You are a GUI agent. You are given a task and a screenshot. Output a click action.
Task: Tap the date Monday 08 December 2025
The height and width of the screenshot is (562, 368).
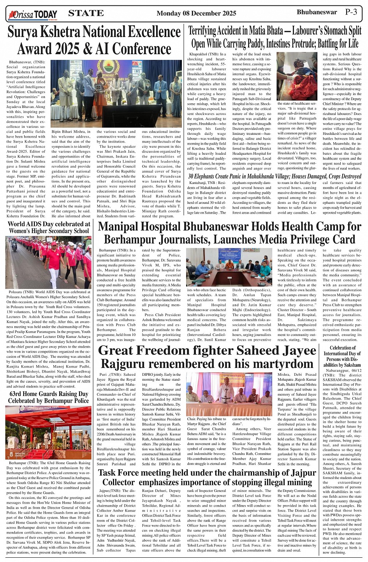coord(196,13)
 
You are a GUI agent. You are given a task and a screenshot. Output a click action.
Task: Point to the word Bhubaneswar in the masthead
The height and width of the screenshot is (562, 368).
coord(317,12)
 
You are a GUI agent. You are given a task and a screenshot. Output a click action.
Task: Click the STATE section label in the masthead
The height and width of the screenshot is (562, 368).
coord(86,13)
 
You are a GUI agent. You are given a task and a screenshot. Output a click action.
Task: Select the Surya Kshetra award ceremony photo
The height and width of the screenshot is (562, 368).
coord(116,94)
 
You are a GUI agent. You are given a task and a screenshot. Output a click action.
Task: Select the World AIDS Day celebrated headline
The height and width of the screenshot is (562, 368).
coord(49,227)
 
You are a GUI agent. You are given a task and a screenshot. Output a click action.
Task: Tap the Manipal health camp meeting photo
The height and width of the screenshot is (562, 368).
coord(229,267)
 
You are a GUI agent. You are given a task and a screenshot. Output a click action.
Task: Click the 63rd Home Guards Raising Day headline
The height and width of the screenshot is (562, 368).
coord(49,397)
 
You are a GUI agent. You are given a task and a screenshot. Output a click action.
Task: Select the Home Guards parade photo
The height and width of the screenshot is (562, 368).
coord(49,432)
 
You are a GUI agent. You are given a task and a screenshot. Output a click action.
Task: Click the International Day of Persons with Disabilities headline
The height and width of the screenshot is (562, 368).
coord(342,356)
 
